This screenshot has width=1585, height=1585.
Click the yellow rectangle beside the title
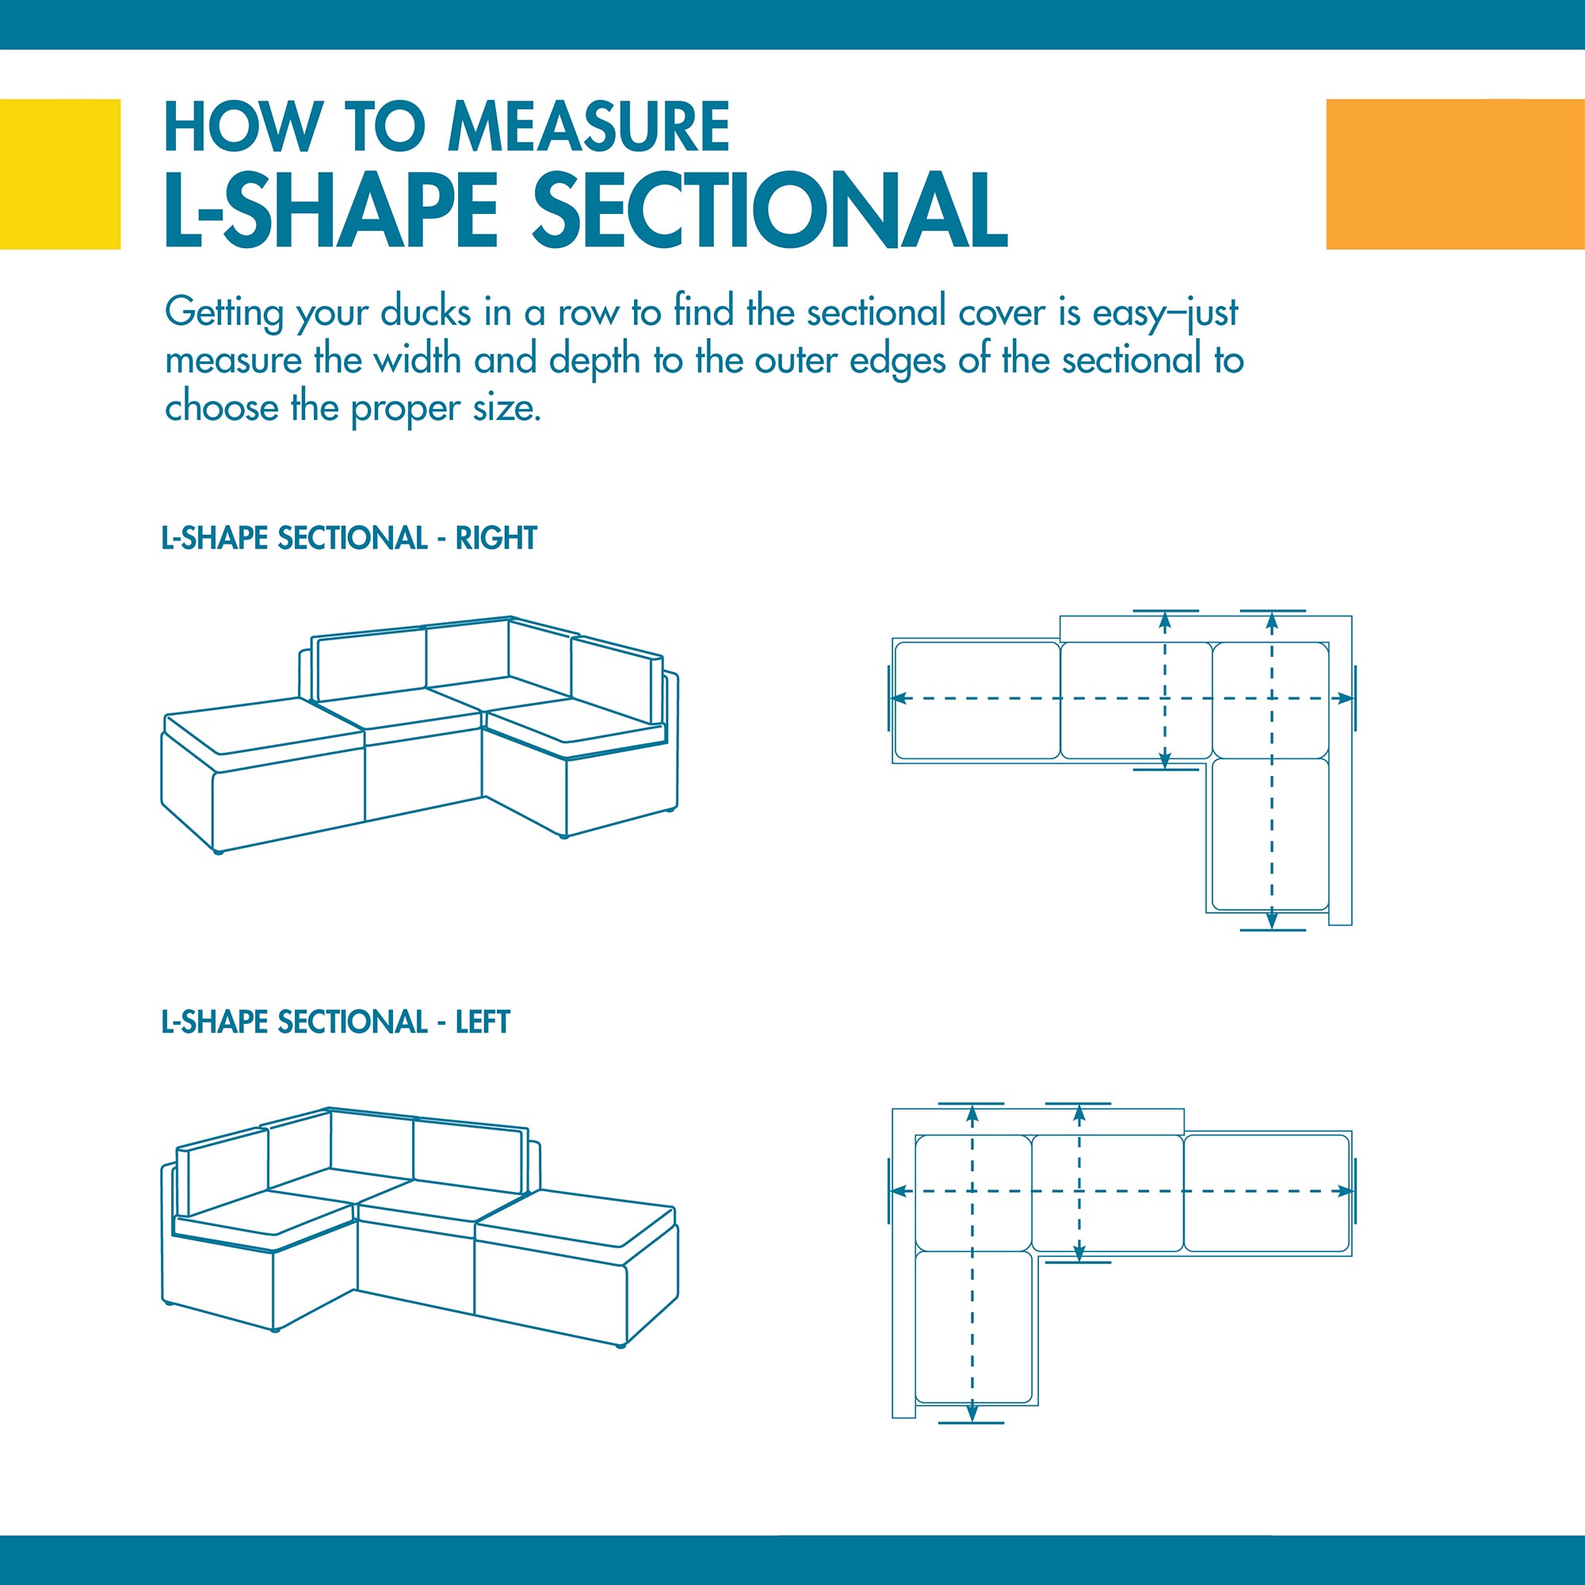(60, 174)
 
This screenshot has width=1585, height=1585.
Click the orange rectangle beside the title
(1455, 174)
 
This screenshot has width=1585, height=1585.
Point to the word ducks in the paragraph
(426, 311)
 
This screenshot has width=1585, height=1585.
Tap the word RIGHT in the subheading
(495, 538)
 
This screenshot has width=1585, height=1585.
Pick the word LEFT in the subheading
(483, 1022)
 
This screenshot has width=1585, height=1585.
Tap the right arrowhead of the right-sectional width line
(1346, 698)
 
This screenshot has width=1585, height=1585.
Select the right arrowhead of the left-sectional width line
(1346, 1190)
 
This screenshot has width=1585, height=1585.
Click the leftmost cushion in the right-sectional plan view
(977, 701)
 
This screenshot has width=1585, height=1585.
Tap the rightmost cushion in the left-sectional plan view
(1267, 1193)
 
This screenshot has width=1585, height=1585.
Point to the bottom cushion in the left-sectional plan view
(974, 1327)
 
